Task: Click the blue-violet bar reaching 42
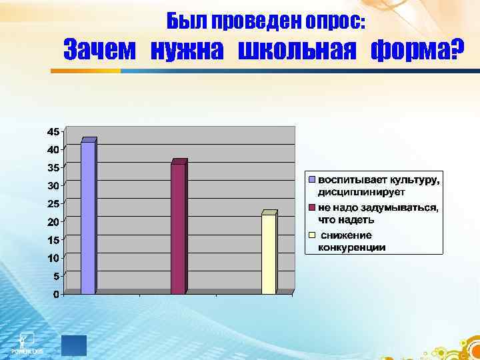click(88, 217)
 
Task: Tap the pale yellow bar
click(268, 253)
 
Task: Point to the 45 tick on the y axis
click(53, 131)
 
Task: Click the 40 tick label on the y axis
click(53, 149)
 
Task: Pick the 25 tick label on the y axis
click(53, 203)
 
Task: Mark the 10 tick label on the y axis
click(53, 257)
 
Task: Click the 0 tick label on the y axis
click(56, 294)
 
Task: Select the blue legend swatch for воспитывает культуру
click(311, 180)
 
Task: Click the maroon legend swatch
click(311, 208)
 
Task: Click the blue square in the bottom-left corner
click(73, 345)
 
